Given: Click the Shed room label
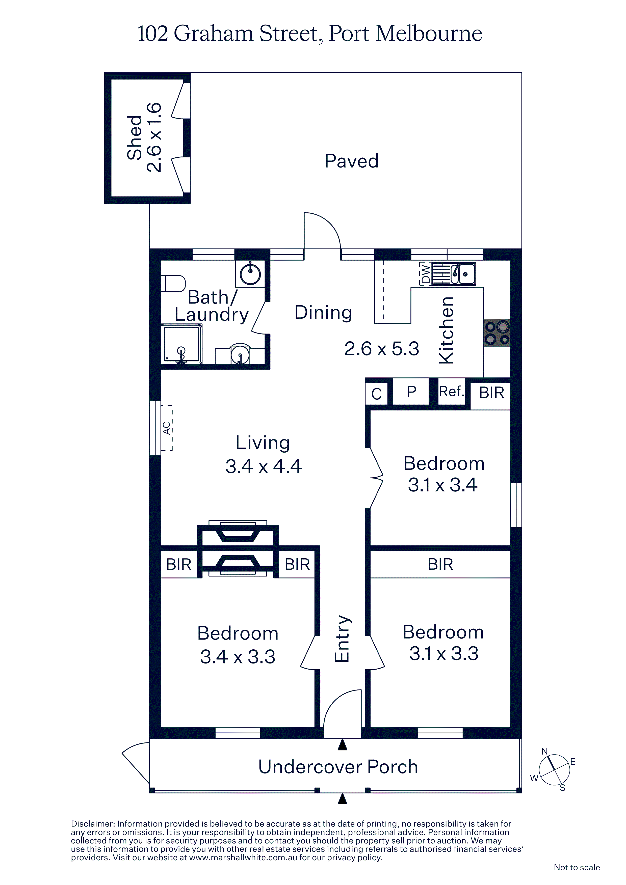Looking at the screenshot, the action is pos(135,137).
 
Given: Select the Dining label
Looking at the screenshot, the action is pos(323,312).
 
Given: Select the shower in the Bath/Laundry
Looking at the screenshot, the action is pos(182,343).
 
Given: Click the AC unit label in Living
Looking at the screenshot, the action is pos(167,428).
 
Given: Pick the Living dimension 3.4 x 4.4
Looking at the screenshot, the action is pos(264,466).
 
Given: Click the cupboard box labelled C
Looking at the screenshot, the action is pos(376,394).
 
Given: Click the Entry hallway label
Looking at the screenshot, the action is pos(342,639).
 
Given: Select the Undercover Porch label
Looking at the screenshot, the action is pos(338,767).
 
